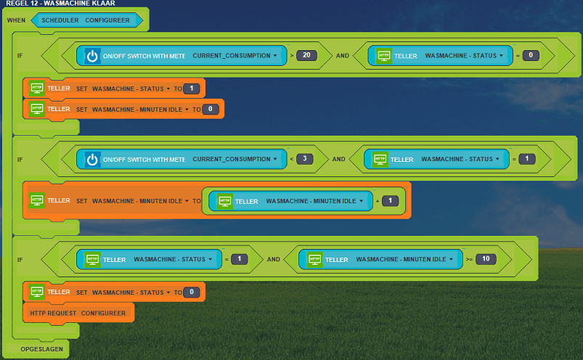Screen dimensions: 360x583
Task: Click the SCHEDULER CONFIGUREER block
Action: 86,20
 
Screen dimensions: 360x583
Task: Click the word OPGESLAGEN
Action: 42,349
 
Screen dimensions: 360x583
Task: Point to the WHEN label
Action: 16,20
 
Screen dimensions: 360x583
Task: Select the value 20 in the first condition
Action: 306,55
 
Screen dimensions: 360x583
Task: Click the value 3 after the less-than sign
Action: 304,158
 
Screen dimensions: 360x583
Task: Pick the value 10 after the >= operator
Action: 486,259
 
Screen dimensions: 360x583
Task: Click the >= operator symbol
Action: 469,259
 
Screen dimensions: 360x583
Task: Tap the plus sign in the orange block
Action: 378,201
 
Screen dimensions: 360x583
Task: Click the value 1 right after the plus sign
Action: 390,201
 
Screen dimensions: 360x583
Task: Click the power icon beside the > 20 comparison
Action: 92,56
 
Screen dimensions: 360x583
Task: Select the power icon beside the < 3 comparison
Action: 92,159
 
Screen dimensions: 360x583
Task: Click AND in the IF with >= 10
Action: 273,259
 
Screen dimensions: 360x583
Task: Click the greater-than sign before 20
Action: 292,55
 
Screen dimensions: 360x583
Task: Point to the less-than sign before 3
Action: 290,158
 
